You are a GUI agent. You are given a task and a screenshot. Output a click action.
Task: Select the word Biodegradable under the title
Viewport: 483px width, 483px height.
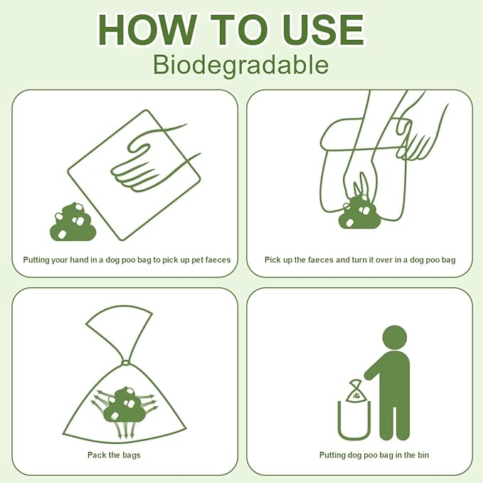240,65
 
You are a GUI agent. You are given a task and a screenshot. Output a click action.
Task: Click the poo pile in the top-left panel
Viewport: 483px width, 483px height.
72,222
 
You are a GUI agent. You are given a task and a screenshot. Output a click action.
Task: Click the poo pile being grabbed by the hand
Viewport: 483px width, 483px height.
359,213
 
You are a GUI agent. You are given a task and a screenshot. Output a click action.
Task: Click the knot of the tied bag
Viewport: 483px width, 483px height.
126,363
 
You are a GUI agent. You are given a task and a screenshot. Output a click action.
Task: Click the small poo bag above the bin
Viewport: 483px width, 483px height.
355,390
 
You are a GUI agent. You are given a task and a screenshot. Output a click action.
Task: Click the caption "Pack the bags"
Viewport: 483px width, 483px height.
114,455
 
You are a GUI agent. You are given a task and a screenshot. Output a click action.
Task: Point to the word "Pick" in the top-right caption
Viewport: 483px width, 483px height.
272,260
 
